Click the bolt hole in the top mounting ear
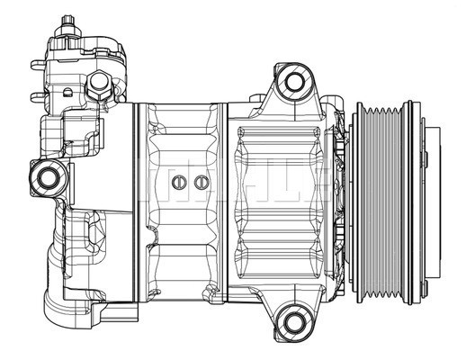[293, 84]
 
